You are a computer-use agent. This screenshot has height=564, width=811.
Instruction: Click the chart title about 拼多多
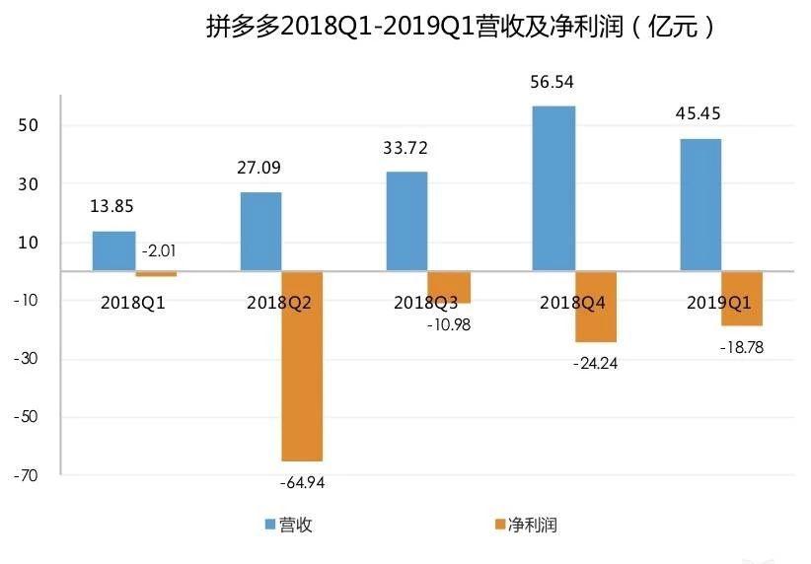click(461, 27)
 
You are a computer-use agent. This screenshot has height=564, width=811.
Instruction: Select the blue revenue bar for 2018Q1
click(113, 250)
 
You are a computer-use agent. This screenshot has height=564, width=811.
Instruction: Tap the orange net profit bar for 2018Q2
click(302, 366)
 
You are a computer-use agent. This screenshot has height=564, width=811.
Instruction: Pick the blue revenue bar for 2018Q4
click(553, 188)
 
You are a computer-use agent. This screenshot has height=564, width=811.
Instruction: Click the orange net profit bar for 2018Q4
click(596, 307)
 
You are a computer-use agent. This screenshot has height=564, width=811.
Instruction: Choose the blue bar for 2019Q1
click(700, 205)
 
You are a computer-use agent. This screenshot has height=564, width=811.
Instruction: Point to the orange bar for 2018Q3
click(449, 287)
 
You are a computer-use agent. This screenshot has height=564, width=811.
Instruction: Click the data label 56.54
click(552, 82)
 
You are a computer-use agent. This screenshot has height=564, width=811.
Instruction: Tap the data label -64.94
click(303, 483)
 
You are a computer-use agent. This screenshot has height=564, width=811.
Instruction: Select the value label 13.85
click(111, 206)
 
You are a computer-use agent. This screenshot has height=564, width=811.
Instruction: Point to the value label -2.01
click(159, 251)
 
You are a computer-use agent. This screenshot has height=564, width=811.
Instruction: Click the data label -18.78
click(742, 347)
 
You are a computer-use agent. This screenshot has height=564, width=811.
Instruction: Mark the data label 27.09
click(258, 168)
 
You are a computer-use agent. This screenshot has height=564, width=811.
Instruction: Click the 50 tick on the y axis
click(28, 125)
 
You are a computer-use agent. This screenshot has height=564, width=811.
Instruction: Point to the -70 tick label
click(26, 475)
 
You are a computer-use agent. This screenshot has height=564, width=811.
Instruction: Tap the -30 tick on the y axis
click(26, 359)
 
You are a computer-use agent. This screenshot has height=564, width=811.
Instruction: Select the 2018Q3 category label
click(425, 303)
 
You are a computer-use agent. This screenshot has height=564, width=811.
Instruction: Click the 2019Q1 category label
click(718, 303)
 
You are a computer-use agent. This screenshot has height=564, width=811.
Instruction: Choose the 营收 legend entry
click(289, 525)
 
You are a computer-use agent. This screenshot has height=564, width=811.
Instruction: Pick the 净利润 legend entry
click(526, 525)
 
